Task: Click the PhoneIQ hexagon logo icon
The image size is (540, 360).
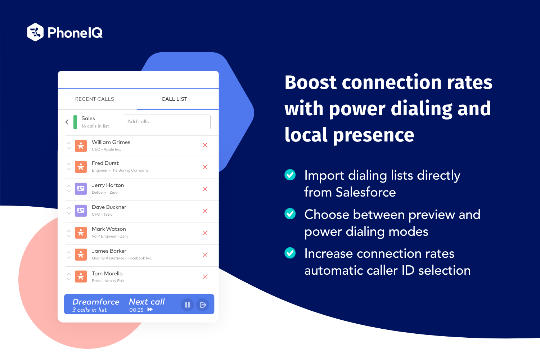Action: tap(35, 32)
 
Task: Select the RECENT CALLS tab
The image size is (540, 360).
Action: tap(94, 99)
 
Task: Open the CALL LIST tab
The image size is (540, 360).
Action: tap(174, 99)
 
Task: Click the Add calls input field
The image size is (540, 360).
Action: tap(166, 122)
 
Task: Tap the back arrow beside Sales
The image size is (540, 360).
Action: tap(67, 122)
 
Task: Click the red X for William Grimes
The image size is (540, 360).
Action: tap(205, 145)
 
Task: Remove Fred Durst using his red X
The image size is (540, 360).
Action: tap(205, 167)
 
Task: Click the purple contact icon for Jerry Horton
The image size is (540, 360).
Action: tap(81, 189)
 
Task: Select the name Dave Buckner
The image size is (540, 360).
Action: tap(109, 207)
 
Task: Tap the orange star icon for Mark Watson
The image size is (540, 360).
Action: tap(81, 233)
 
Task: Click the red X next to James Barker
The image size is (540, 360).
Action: tap(205, 255)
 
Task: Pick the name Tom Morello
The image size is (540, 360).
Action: tap(107, 274)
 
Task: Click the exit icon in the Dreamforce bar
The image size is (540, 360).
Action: tap(203, 305)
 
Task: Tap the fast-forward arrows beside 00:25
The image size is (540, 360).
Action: tap(150, 310)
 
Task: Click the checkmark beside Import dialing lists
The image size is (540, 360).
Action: tap(290, 175)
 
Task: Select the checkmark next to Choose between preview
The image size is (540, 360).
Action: tap(290, 214)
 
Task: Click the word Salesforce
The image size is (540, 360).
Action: tap(365, 192)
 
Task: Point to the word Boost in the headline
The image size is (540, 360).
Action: tap(310, 82)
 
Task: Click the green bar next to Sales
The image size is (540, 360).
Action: tap(75, 122)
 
